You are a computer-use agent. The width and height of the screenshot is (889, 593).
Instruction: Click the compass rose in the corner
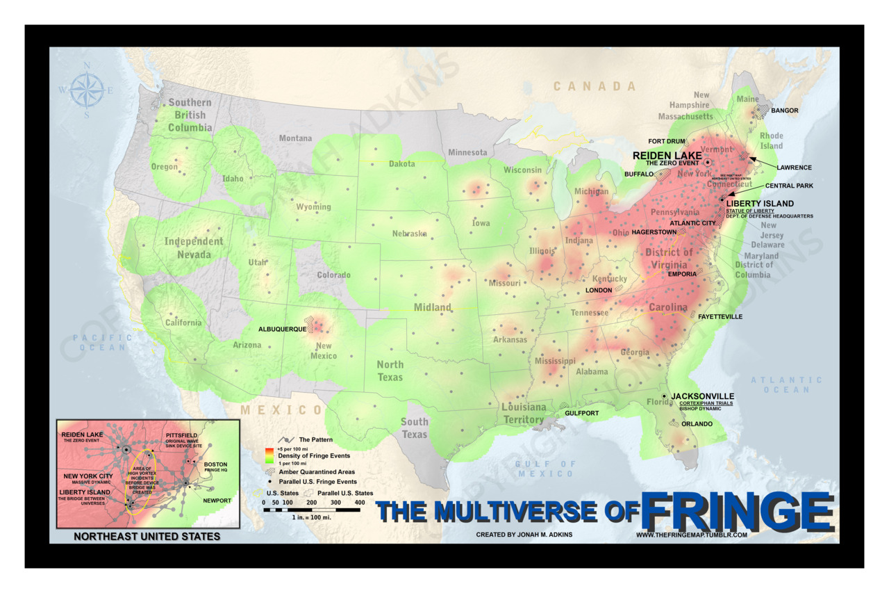[x=87, y=90]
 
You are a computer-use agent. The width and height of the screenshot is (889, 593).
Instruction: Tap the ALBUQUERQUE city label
[x=282, y=329]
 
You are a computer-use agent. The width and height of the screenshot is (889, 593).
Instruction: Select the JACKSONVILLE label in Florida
[x=702, y=396]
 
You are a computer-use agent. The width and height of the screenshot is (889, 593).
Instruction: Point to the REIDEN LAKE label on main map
[x=667, y=155]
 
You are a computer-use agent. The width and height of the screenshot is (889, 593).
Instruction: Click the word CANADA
[x=595, y=86]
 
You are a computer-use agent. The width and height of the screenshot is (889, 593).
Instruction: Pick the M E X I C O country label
[x=281, y=410]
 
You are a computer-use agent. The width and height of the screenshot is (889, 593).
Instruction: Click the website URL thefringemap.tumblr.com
[x=690, y=535]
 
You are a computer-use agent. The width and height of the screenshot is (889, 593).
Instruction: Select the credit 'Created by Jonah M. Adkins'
[x=524, y=535]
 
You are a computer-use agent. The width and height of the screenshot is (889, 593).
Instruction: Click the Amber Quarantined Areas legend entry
[x=317, y=471]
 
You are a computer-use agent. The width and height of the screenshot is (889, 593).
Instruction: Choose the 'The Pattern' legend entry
[x=315, y=439]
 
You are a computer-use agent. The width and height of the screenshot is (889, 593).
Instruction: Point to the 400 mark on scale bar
[x=359, y=502]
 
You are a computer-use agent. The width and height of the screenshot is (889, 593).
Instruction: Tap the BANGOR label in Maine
[x=785, y=111]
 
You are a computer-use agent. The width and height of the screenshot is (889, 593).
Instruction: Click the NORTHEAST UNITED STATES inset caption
[x=147, y=536]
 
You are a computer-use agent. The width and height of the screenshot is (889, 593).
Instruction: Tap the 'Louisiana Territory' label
[x=524, y=413]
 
